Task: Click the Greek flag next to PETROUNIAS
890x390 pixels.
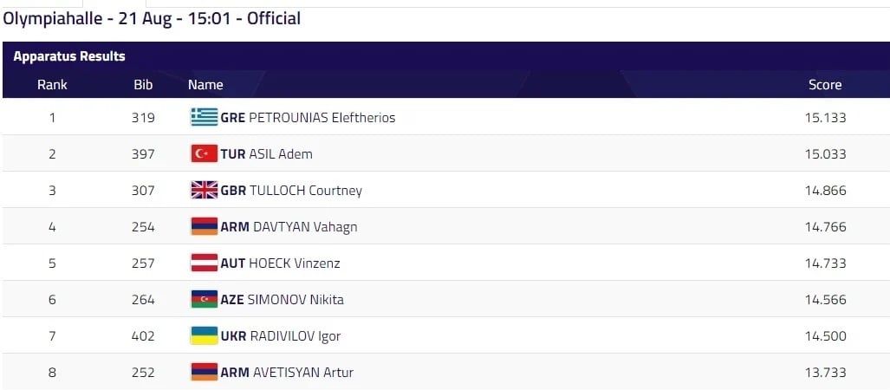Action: click(x=205, y=117)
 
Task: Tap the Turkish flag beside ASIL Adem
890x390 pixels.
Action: click(x=205, y=153)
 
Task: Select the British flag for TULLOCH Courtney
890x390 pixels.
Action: click(x=205, y=190)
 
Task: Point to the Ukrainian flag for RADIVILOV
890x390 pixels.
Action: click(x=205, y=335)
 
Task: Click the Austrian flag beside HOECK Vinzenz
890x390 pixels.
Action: click(x=205, y=263)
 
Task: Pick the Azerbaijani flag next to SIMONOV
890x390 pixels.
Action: click(x=205, y=299)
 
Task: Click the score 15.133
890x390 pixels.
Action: click(x=825, y=117)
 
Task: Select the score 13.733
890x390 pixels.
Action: click(x=825, y=372)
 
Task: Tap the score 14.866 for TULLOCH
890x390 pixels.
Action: click(x=825, y=190)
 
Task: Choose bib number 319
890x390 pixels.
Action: click(x=143, y=117)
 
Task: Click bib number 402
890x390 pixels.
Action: click(x=143, y=335)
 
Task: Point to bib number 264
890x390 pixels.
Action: click(x=143, y=299)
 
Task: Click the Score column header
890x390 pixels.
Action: click(x=825, y=84)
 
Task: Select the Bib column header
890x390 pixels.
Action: click(x=143, y=84)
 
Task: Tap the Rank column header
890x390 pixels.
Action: click(x=52, y=84)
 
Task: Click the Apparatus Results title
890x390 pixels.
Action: click(x=69, y=56)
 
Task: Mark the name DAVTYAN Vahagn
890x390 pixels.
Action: click(x=305, y=226)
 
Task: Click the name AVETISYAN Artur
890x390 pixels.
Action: click(x=302, y=372)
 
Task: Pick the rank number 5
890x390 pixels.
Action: click(x=52, y=263)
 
